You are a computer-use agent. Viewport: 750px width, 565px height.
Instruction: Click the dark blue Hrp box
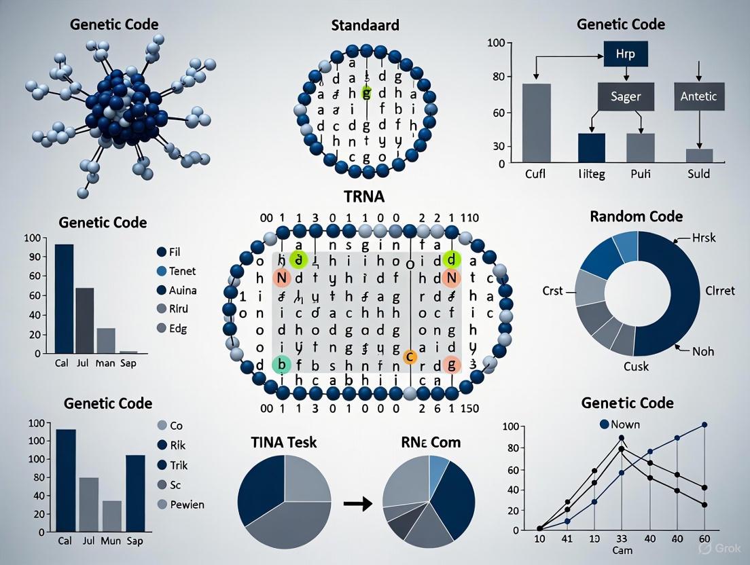pos(625,54)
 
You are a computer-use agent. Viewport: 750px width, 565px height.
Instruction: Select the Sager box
pos(625,96)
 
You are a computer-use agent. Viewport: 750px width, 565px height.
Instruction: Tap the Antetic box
pos(698,96)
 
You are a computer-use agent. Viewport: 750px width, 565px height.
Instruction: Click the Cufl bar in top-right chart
pos(537,122)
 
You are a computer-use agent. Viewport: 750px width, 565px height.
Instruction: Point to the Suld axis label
pos(698,174)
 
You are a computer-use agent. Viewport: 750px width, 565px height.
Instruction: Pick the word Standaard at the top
pos(365,26)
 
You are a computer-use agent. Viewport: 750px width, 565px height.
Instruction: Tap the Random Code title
pos(637,217)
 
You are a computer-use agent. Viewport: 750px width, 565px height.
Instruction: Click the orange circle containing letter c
pos(409,357)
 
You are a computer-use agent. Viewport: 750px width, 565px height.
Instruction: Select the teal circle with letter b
pos(280,364)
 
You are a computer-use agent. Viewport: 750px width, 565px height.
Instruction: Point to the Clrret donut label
pos(720,291)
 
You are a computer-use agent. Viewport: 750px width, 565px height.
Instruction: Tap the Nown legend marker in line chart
pos(604,424)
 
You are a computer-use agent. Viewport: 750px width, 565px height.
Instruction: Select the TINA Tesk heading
pos(283,443)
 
